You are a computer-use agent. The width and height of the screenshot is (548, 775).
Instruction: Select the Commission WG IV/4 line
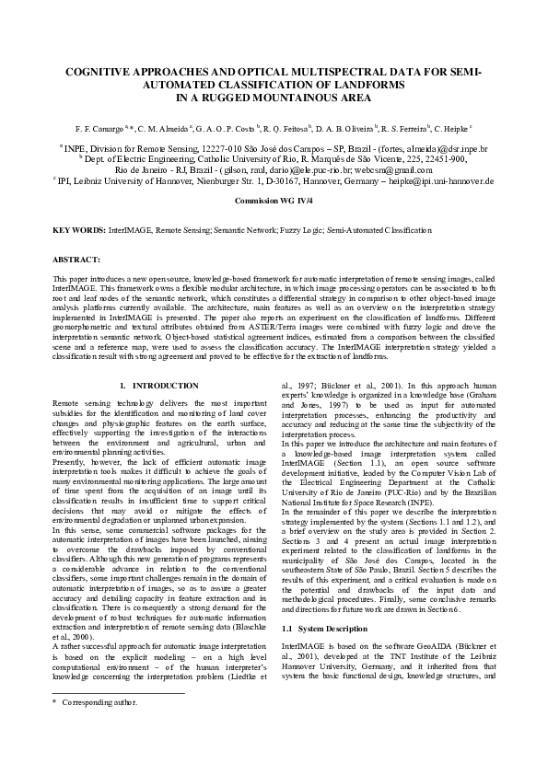274,200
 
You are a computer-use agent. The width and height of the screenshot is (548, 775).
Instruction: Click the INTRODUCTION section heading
166,385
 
